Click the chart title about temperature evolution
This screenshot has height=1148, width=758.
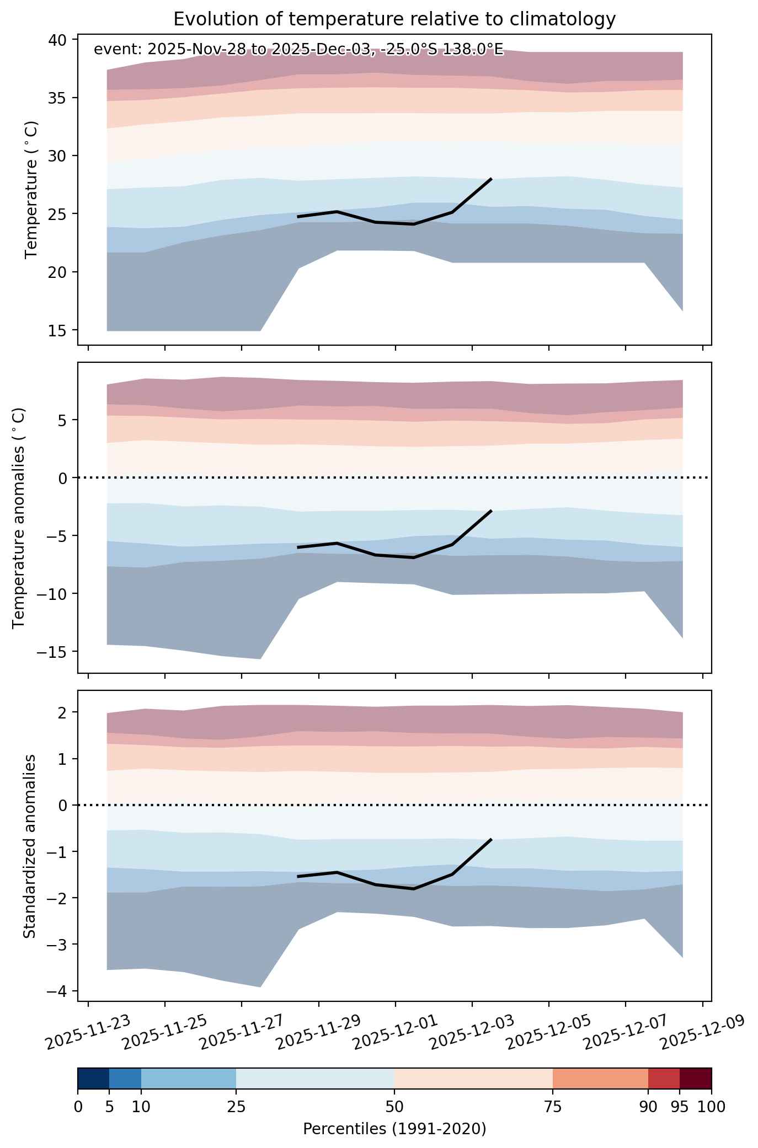394,19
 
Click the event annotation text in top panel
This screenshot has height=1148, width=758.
298,50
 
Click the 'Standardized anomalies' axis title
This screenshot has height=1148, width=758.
30,846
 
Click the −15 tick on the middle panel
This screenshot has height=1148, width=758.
53,652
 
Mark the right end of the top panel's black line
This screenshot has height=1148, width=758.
491,179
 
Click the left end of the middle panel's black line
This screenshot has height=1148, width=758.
298,548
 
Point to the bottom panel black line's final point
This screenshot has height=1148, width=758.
491,839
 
